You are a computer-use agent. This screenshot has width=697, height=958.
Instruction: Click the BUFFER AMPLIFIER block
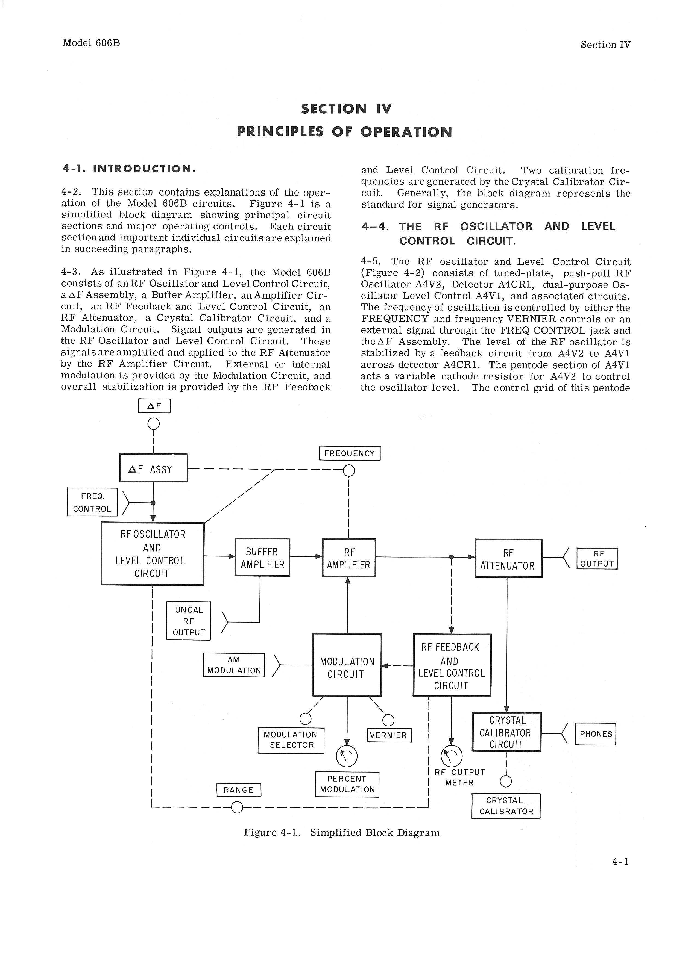pos(262,557)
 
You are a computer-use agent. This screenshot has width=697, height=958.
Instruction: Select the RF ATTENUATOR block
pos(508,558)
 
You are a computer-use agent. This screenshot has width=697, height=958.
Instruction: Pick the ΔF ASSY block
pos(153,468)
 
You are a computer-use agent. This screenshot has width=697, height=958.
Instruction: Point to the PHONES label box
pos(596,734)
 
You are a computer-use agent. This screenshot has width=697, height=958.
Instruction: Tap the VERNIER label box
pos(389,735)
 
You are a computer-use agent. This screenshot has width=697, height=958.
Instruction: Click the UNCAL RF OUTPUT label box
pos(189,621)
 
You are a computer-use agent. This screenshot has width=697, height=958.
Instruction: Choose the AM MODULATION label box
pos(234,665)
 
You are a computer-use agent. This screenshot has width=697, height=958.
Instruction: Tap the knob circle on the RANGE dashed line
pos(237,808)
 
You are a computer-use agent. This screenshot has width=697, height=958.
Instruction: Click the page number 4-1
pos(620,862)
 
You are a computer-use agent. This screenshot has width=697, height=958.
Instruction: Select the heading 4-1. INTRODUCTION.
pos(129,169)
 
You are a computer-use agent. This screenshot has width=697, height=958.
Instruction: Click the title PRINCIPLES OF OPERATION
pos(344,132)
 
